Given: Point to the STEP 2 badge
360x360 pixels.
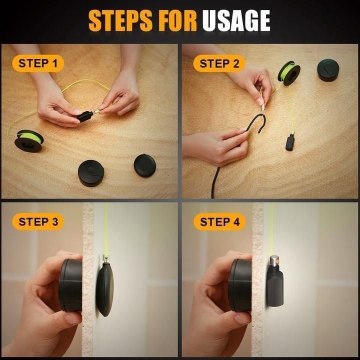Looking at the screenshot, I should pos(219,63).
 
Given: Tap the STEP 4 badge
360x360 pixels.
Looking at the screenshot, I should pos(219,221).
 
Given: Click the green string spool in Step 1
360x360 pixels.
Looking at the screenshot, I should pos(28,140).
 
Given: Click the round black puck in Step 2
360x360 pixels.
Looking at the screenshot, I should pos(328,69).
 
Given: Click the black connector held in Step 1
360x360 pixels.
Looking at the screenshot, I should pos(84,116).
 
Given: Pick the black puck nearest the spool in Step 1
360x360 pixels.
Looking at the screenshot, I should pos(91,172).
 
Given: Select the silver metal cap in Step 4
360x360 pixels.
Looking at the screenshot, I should pos(274,261).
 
